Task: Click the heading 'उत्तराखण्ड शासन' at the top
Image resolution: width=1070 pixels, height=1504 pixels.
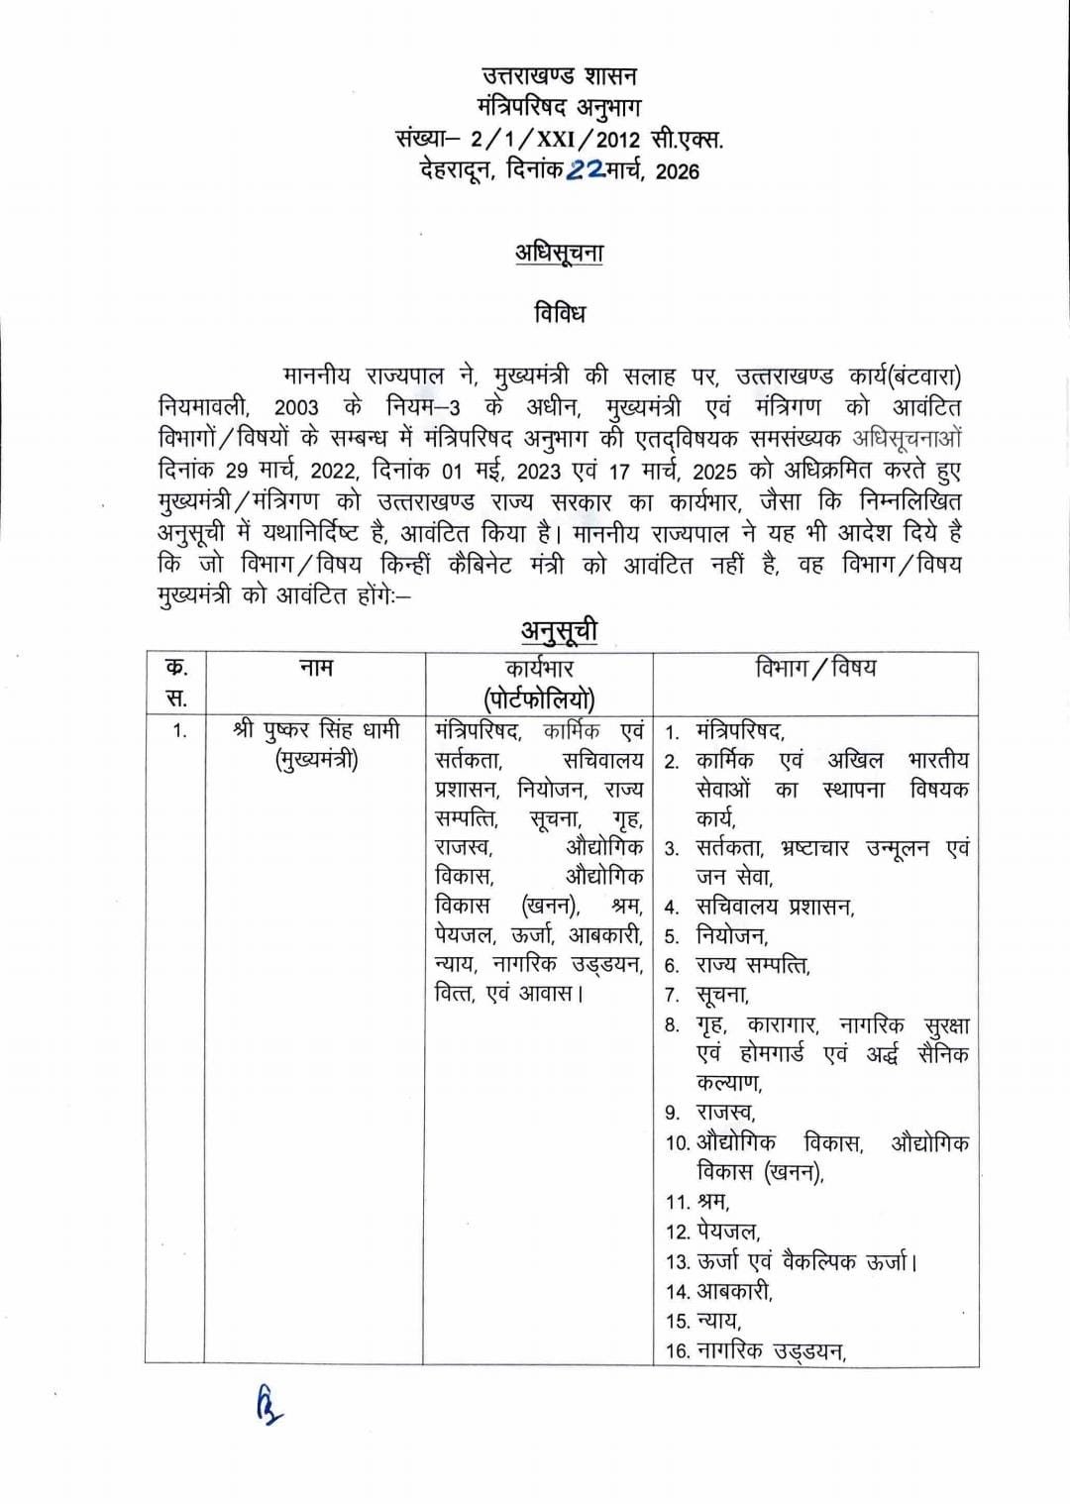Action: (559, 75)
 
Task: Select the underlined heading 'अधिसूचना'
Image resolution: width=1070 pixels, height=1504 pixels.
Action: (559, 253)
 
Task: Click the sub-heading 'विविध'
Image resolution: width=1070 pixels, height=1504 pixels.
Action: (560, 313)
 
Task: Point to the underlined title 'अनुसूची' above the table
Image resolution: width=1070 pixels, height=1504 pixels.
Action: (560, 630)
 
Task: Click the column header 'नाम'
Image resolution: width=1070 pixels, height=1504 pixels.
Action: (316, 668)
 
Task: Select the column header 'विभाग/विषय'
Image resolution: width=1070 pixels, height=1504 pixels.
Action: (815, 668)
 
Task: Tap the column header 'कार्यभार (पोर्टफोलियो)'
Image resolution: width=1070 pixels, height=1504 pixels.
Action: (539, 684)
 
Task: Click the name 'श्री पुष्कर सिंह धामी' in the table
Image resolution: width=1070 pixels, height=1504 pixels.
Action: (316, 731)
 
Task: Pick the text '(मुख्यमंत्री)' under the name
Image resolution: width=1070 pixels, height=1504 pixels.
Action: (316, 761)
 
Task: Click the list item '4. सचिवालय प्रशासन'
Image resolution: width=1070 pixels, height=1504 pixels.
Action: (760, 907)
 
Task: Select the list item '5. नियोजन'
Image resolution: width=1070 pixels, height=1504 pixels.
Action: (717, 935)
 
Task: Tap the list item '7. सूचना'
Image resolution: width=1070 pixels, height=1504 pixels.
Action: (707, 994)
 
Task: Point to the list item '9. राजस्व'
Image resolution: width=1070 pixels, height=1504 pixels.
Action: (710, 1112)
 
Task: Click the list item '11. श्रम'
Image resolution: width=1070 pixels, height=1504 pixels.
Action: (698, 1201)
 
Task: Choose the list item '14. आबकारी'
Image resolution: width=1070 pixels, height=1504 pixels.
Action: (719, 1290)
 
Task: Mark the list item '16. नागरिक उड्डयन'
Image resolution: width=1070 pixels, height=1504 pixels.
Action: (757, 1349)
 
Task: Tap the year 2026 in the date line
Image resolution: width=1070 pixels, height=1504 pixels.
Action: (678, 171)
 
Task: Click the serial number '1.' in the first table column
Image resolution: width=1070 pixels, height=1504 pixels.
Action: (179, 732)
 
